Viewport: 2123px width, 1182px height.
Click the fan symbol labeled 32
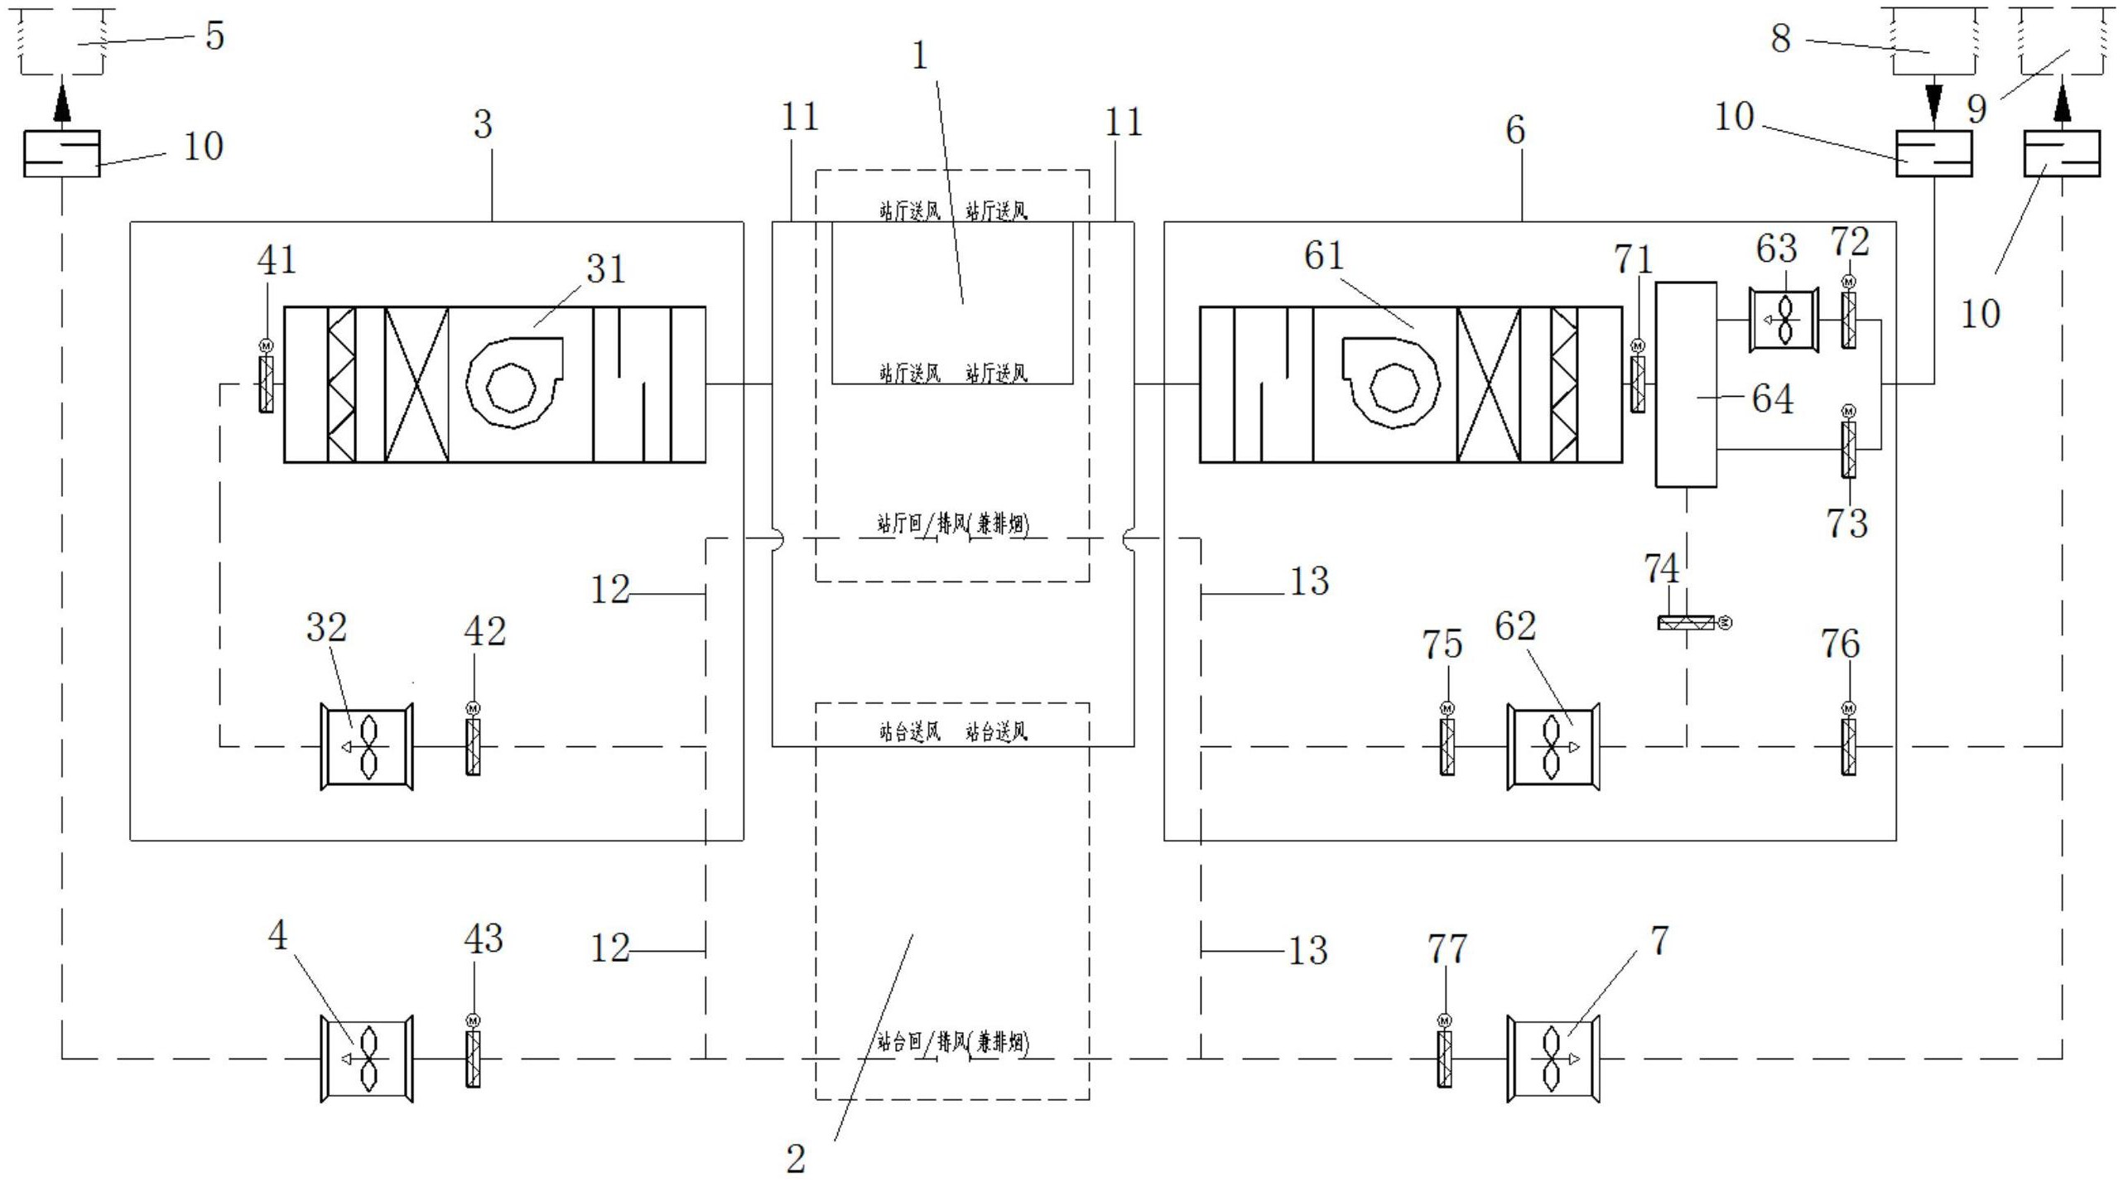[x=367, y=747]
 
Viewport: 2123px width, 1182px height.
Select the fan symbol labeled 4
[x=367, y=1059]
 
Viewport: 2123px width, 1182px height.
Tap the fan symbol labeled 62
[x=1553, y=747]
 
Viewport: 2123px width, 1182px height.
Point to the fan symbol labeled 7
[x=1553, y=1059]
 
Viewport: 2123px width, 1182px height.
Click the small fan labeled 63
[x=1784, y=320]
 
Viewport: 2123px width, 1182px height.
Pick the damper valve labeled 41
[x=266, y=384]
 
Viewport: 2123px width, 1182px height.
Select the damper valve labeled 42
[x=473, y=747]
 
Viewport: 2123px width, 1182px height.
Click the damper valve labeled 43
[x=473, y=1059]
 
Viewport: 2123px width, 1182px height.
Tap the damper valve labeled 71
[x=1638, y=384]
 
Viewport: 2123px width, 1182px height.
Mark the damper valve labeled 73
[x=1848, y=450]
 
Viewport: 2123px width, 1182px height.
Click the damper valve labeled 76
[x=1848, y=747]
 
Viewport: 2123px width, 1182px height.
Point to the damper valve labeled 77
[x=1444, y=1059]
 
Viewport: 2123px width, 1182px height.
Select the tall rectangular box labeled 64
[x=1686, y=384]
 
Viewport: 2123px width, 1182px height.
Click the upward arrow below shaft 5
[x=62, y=106]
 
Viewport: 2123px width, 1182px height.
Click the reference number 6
[x=1515, y=130]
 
